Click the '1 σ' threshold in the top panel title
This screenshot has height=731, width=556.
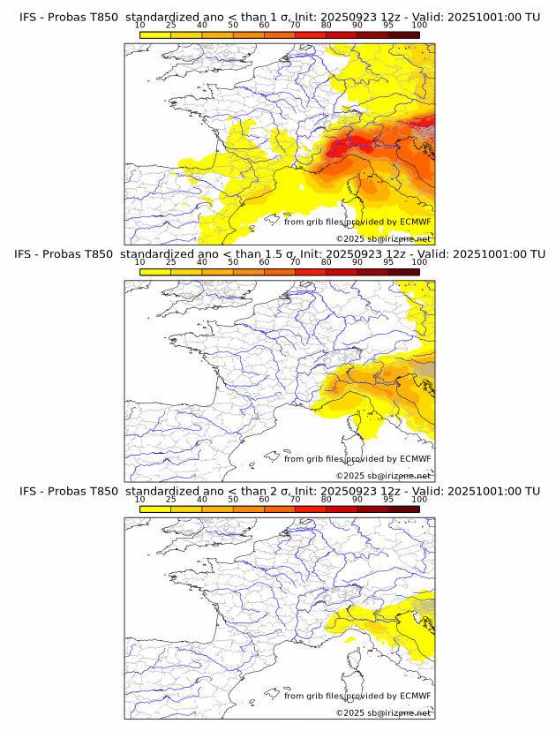click(284, 17)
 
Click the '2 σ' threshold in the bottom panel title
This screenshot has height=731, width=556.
click(282, 491)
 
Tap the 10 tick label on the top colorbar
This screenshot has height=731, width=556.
click(140, 26)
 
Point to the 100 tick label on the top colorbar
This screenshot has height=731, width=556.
click(419, 26)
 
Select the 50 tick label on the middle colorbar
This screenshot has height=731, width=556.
click(233, 262)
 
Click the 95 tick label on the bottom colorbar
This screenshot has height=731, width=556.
click(388, 500)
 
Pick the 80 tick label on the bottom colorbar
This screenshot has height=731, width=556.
click(327, 500)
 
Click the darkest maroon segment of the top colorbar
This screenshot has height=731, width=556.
click(403, 34)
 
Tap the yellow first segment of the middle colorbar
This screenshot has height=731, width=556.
click(155, 272)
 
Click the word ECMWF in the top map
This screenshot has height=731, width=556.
click(416, 222)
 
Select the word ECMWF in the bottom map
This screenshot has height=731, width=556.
click(416, 696)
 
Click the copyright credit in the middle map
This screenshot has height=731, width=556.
click(383, 475)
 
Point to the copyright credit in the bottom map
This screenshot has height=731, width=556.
click(383, 712)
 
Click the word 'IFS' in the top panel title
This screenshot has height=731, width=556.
click(29, 17)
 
